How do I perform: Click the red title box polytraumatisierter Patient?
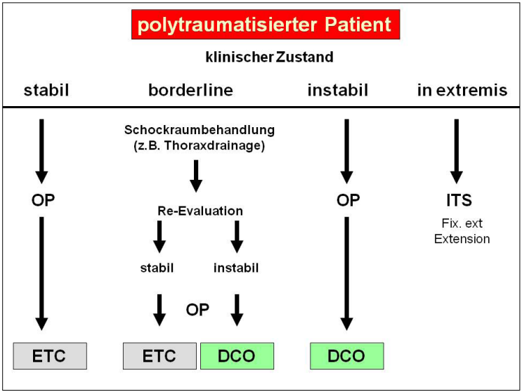[x=265, y=25]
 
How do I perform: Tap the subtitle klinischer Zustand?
[x=269, y=57]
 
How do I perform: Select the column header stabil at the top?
[x=47, y=90]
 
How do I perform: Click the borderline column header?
[x=190, y=90]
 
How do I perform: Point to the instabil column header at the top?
[x=338, y=90]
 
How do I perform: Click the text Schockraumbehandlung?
[x=200, y=130]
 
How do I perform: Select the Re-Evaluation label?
[x=200, y=211]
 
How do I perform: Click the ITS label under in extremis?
[x=457, y=200]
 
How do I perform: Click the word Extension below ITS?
[x=462, y=239]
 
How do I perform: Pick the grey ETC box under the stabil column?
[x=50, y=355]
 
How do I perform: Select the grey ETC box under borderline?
[x=159, y=355]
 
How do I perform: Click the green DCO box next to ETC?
[x=237, y=355]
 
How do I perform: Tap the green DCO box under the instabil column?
[x=346, y=355]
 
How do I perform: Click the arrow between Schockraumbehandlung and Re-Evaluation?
[x=196, y=176]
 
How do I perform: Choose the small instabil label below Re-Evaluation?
[x=236, y=268]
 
